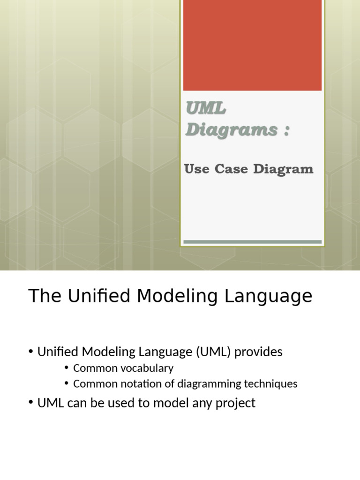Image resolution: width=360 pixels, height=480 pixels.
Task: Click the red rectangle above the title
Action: coord(252,45)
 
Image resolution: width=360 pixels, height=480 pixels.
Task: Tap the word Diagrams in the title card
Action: coord(231,130)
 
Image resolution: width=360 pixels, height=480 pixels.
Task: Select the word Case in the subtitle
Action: coord(232,169)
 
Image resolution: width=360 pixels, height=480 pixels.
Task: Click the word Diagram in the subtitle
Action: coord(283,170)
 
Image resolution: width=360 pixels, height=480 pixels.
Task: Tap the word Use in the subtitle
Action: coord(197,169)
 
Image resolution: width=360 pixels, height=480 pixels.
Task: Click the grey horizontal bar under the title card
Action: coord(252,242)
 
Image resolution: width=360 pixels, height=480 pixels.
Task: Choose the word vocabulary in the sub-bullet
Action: coord(146,368)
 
